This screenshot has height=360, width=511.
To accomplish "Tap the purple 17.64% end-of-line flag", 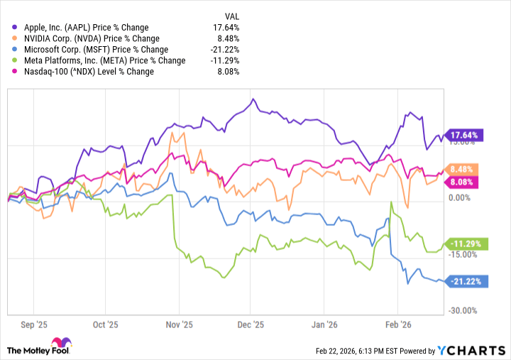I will pyautogui.click(x=466, y=135).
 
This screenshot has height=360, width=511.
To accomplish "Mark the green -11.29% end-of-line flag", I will pyautogui.click(x=466, y=244).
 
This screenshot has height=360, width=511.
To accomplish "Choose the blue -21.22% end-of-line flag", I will pyautogui.click(x=466, y=282).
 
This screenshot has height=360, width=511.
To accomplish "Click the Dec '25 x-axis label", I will pyautogui.click(x=250, y=325).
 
